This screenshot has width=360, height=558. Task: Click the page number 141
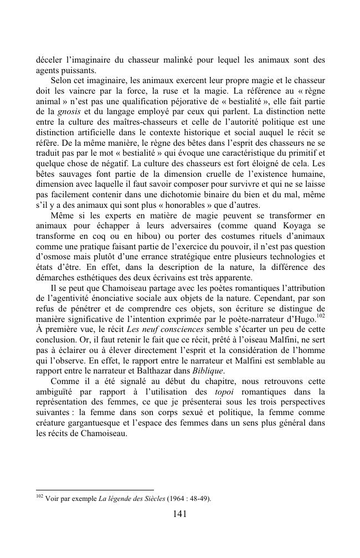[x=179, y=514]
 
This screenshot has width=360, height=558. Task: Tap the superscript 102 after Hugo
[x=320, y=315]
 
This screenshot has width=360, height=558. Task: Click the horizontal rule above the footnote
[x=94, y=489]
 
